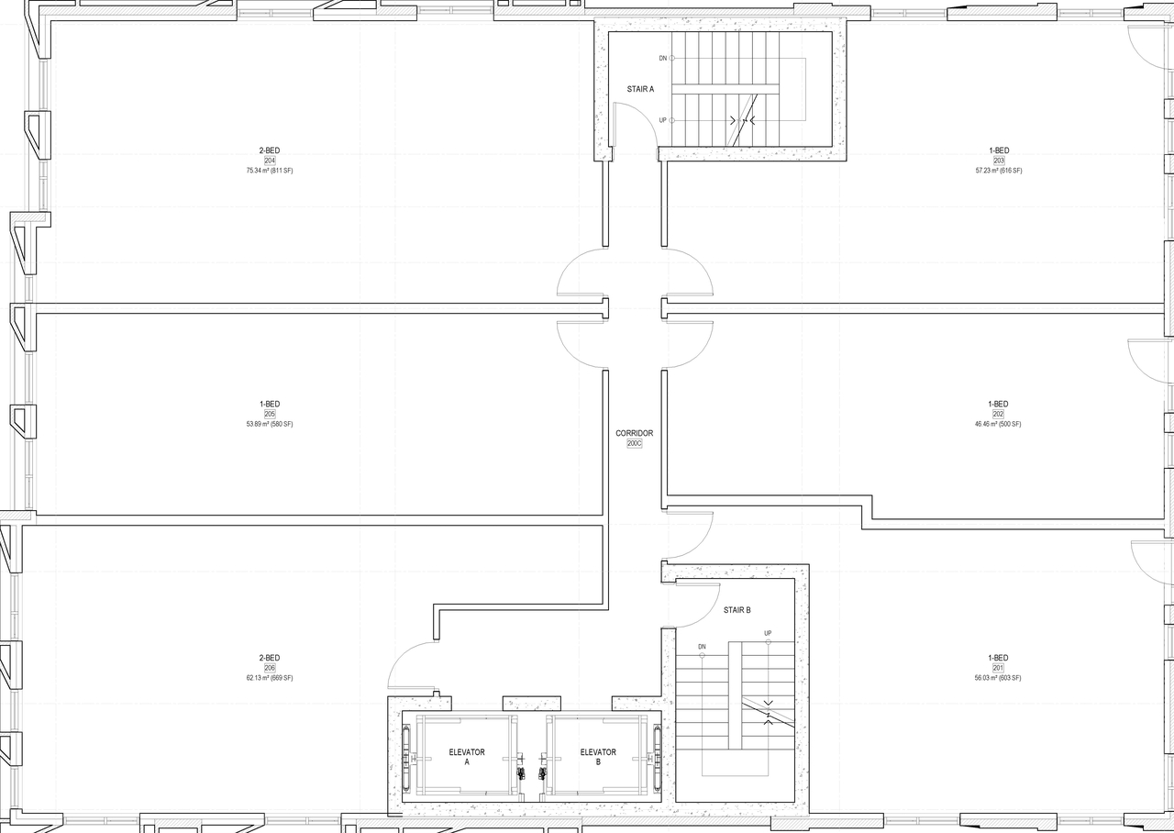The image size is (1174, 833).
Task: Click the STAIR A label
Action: point(640,89)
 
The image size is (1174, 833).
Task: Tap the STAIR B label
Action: point(737,610)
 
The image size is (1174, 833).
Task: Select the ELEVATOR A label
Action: point(467,757)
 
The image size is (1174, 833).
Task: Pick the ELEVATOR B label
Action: point(598,757)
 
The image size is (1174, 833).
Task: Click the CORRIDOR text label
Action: point(634,433)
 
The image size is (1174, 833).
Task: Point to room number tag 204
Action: point(270,161)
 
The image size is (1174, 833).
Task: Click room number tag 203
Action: point(999,161)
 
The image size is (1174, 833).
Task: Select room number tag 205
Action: point(270,414)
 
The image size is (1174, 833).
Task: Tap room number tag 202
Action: point(998,414)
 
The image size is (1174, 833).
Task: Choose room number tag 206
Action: point(270,668)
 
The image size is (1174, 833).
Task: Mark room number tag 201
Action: point(998,668)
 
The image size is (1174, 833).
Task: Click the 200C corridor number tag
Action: point(634,443)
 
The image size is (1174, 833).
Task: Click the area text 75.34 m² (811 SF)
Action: point(270,171)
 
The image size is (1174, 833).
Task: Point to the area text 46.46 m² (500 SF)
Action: point(998,424)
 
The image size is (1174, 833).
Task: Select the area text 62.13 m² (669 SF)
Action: point(270,678)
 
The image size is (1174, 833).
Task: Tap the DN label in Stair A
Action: point(663,58)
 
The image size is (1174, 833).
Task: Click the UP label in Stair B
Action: point(768,633)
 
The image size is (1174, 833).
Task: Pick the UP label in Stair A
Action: point(663,120)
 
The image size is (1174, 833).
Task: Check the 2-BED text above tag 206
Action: point(270,658)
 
